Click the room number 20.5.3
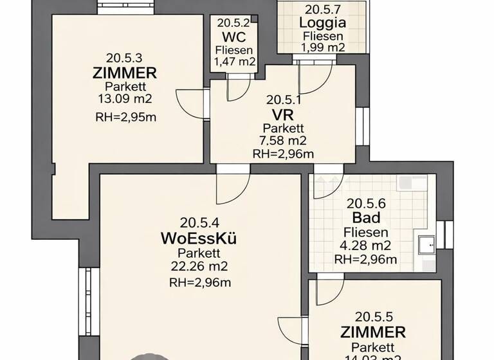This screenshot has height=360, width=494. tap(125, 57)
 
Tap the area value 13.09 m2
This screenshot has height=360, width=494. tap(125, 99)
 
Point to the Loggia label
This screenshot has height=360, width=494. tap(323, 23)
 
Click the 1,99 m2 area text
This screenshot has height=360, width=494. tap(323, 47)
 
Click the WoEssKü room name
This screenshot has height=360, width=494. tap(199, 239)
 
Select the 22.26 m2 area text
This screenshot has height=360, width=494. tap(199, 266)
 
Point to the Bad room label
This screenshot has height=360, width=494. tap(366, 219)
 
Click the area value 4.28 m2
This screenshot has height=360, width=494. tap(366, 246)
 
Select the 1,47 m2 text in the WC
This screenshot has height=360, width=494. tap(234, 62)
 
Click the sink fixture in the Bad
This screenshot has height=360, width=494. tap(426, 244)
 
